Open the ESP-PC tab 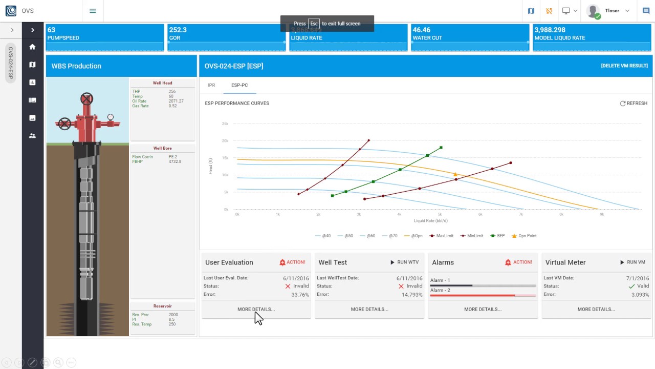pos(239,85)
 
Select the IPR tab pos(211,85)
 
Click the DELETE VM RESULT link pos(624,66)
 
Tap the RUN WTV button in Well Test pos(404,262)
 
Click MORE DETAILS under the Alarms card pos(483,309)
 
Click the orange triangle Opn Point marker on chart pos(455,175)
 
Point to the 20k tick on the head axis pos(225,141)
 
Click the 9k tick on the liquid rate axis pos(602,214)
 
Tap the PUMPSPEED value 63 pos(51,30)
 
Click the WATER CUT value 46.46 pos(421,30)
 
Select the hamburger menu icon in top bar pos(93,11)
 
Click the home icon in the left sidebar pos(32,47)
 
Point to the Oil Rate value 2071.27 pos(176,101)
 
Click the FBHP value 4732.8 pos(174,161)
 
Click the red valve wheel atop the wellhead pos(86,98)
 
